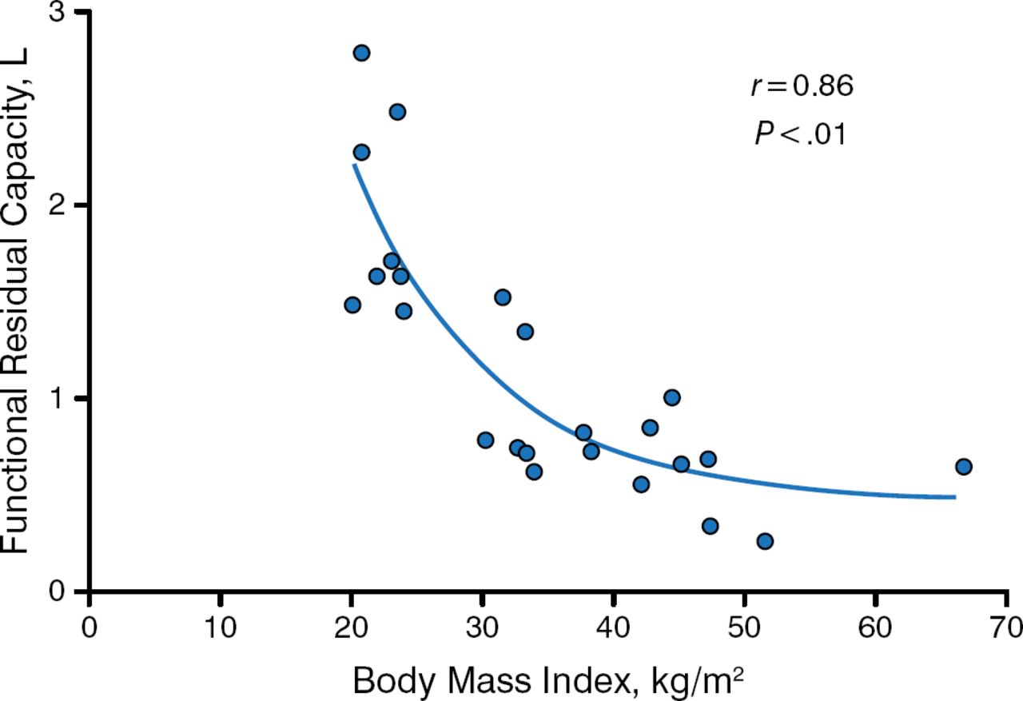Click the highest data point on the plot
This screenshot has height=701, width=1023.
(x=361, y=53)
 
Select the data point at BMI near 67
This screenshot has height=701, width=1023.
(x=963, y=467)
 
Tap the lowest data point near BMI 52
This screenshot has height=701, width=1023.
(x=765, y=541)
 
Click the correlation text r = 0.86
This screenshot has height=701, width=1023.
(x=802, y=86)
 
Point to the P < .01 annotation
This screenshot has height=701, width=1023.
(x=800, y=133)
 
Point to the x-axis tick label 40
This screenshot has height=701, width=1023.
(x=613, y=624)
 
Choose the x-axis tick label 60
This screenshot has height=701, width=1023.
(x=875, y=624)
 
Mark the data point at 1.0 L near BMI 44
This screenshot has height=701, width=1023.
(x=672, y=397)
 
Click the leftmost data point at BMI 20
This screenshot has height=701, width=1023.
(x=352, y=305)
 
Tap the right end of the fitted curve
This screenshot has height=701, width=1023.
(x=954, y=497)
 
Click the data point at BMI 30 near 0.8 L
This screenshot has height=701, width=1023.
(x=485, y=440)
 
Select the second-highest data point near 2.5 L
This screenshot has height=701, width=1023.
(x=397, y=111)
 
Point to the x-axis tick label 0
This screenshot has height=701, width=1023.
(x=89, y=624)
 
